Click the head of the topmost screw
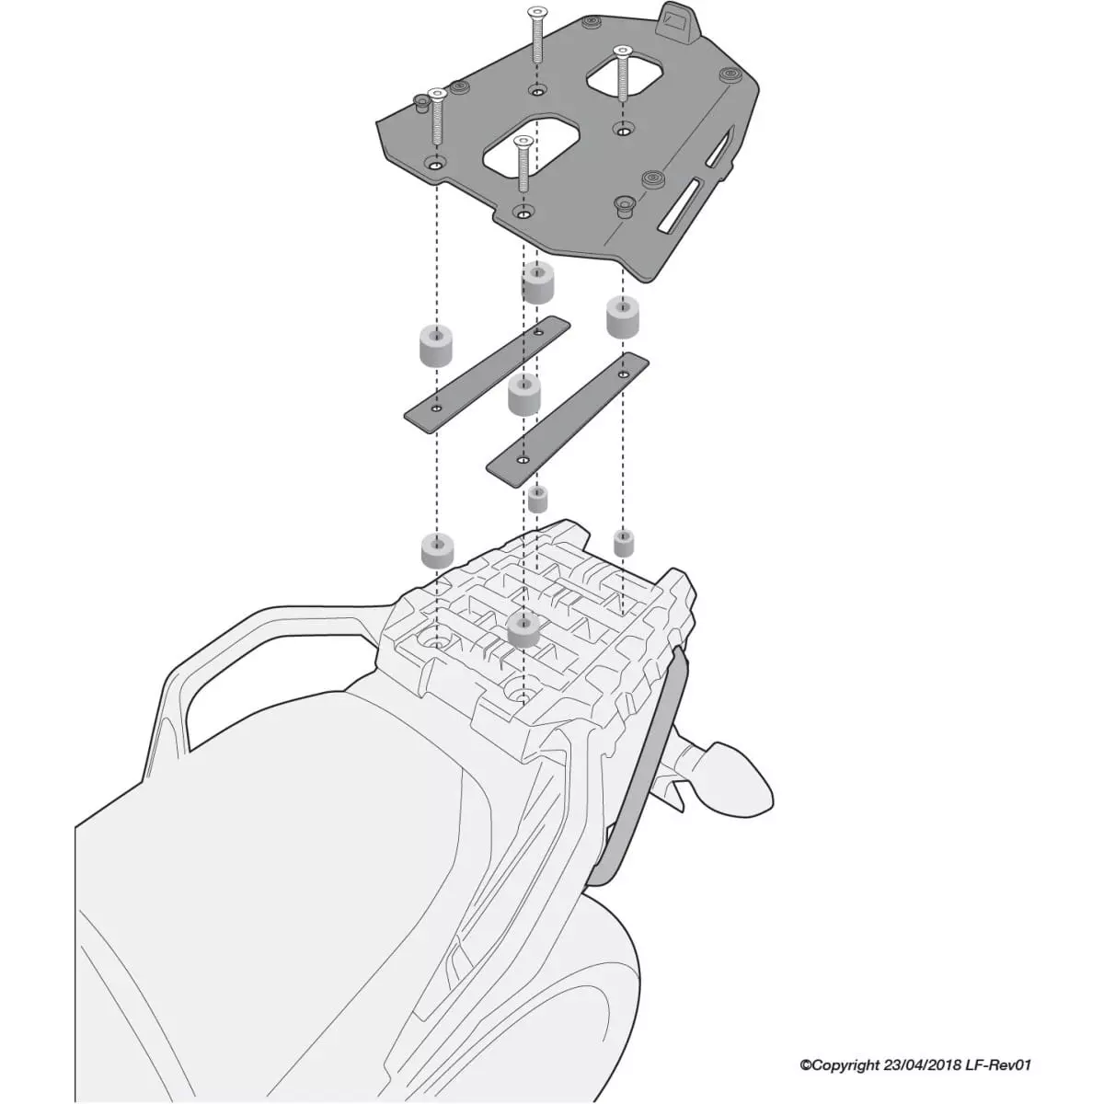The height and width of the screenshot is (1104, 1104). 535,12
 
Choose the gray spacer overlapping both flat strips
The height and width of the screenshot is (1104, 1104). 523,396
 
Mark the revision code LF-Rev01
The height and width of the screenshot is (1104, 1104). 999,1065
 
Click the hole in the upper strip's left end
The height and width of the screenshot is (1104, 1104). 436,406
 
